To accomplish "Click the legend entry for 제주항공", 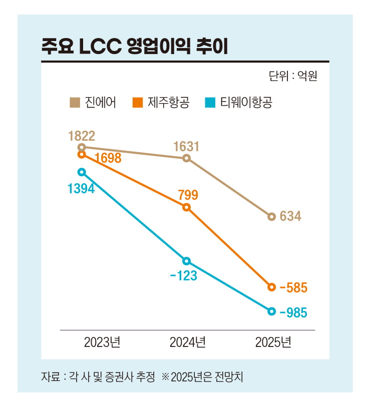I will [161, 103].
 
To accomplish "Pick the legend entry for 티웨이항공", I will [239, 103].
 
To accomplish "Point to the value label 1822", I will [82, 135].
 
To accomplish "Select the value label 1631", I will [186, 146].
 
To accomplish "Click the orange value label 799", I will [188, 195].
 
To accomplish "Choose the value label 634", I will [290, 216].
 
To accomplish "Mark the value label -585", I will [293, 288].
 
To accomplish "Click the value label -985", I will [293, 312].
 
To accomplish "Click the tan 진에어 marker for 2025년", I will [271, 217].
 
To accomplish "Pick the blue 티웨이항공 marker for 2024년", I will [186, 261].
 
